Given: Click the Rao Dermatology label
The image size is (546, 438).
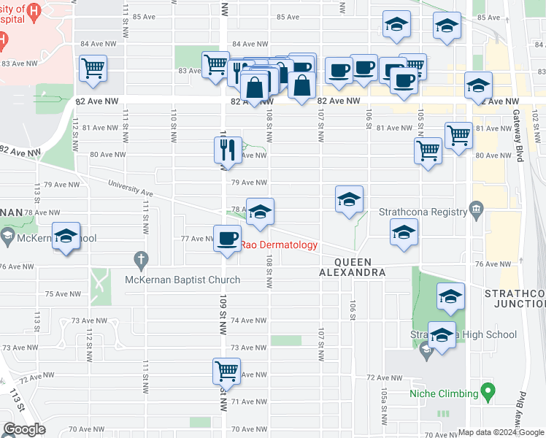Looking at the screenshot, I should pos(279,245).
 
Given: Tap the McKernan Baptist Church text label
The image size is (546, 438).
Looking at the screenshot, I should pos(182,280).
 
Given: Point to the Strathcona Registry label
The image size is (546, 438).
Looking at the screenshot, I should pos(423,212).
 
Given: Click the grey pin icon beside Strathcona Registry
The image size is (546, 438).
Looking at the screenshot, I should pos(477,211).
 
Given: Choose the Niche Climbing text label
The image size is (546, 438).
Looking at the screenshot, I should pos(443,394).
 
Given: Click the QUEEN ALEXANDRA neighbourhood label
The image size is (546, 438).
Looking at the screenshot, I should pos(353,267).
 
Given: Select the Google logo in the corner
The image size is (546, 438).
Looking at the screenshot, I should pos(23,429).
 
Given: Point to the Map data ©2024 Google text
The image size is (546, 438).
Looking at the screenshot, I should pos(501,432).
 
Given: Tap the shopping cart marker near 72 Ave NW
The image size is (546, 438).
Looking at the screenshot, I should pos(226,371).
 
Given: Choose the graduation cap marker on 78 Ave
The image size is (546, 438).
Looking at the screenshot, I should pos(260,212).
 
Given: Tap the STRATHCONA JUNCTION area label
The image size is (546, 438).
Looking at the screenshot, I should pos(515,298).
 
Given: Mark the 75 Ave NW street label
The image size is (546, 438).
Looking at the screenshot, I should pos(62,293).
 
